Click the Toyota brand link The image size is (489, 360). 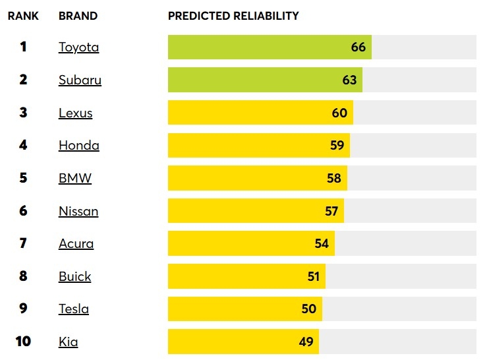point(78,47)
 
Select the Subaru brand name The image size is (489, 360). point(80,80)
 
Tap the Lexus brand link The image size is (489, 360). point(75,113)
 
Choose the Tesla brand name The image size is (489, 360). point(73,309)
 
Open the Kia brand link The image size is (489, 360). point(68,342)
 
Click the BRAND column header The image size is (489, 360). point(78,16)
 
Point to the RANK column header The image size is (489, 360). point(23,16)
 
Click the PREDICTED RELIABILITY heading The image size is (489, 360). point(233,16)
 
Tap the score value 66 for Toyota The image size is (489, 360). point(359,47)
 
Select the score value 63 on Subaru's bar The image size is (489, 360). point(349,80)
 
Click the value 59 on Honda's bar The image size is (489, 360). point(337,146)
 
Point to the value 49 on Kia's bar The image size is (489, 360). point(306,342)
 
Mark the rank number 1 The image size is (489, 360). point(23,47)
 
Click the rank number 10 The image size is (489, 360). point(23,342)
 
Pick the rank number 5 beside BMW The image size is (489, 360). point(23,178)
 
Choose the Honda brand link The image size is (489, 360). point(78,146)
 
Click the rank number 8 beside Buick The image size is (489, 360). point(23,276)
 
